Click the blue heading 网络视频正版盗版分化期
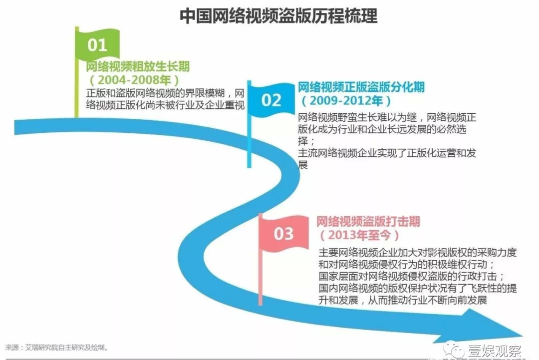click(361, 88)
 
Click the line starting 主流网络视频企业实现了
click(387, 153)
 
